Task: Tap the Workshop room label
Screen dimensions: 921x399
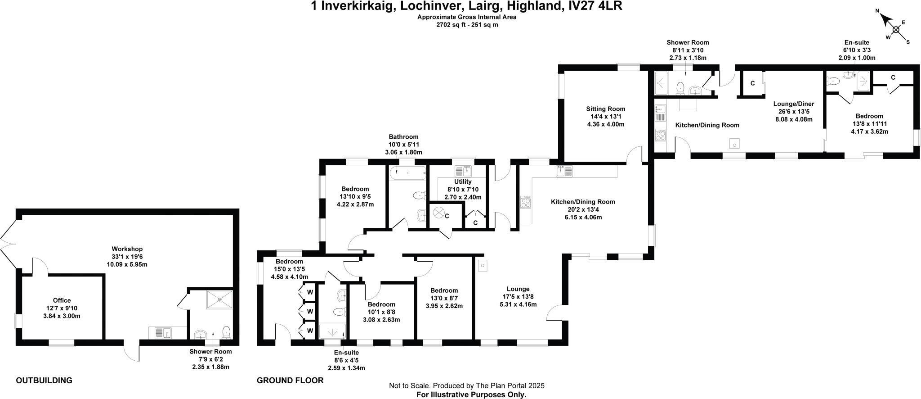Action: (127, 249)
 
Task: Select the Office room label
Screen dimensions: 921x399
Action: (62, 300)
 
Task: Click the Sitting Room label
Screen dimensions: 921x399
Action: (606, 109)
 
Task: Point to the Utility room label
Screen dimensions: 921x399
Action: (463, 181)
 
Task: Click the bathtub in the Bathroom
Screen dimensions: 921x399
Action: (407, 172)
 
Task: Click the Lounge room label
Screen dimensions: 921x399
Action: (518, 289)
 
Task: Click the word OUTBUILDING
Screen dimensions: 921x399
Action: (44, 381)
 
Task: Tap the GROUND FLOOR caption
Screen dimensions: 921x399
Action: (290, 381)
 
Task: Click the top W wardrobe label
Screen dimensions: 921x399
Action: (310, 292)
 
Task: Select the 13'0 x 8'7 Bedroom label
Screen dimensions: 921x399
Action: (444, 290)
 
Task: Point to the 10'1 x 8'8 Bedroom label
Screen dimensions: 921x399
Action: (381, 304)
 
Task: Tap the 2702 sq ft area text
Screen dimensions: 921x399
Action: (467, 25)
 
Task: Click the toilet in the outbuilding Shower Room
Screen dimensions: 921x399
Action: (226, 332)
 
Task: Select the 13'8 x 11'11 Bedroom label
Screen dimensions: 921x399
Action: (869, 116)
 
